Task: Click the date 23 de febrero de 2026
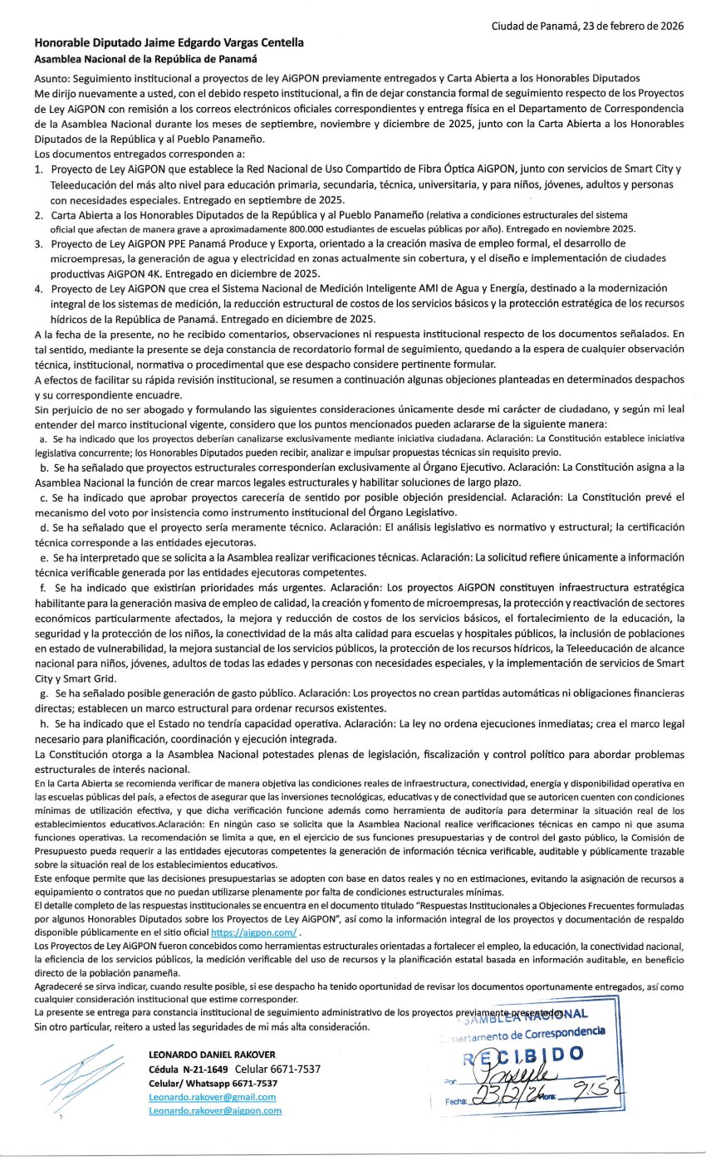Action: point(625,26)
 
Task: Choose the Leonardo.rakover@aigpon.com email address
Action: point(214,1110)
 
